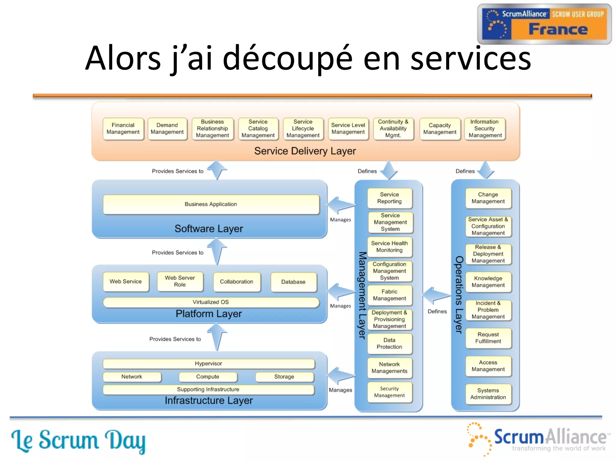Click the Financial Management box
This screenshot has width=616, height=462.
(x=123, y=129)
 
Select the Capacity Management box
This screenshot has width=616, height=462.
(x=439, y=129)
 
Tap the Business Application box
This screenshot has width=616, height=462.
(x=211, y=204)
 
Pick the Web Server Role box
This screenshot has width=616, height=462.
(x=180, y=281)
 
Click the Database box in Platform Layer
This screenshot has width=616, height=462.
(x=293, y=282)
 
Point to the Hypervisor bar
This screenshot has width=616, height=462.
(x=208, y=364)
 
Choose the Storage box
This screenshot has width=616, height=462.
(x=284, y=377)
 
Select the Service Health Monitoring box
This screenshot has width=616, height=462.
(x=390, y=247)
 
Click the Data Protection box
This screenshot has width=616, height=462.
(x=390, y=343)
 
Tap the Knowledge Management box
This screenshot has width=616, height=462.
(x=488, y=282)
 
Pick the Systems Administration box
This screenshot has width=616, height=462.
(x=488, y=394)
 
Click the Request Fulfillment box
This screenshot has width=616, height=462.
(x=488, y=338)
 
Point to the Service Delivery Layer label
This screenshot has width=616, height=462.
(x=305, y=151)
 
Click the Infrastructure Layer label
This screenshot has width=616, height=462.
(x=209, y=401)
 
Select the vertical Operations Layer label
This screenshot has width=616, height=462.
(x=459, y=295)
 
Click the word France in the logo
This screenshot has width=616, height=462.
(x=558, y=29)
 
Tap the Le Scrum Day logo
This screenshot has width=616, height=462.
(x=78, y=441)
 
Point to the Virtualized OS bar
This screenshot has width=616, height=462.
(x=211, y=302)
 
